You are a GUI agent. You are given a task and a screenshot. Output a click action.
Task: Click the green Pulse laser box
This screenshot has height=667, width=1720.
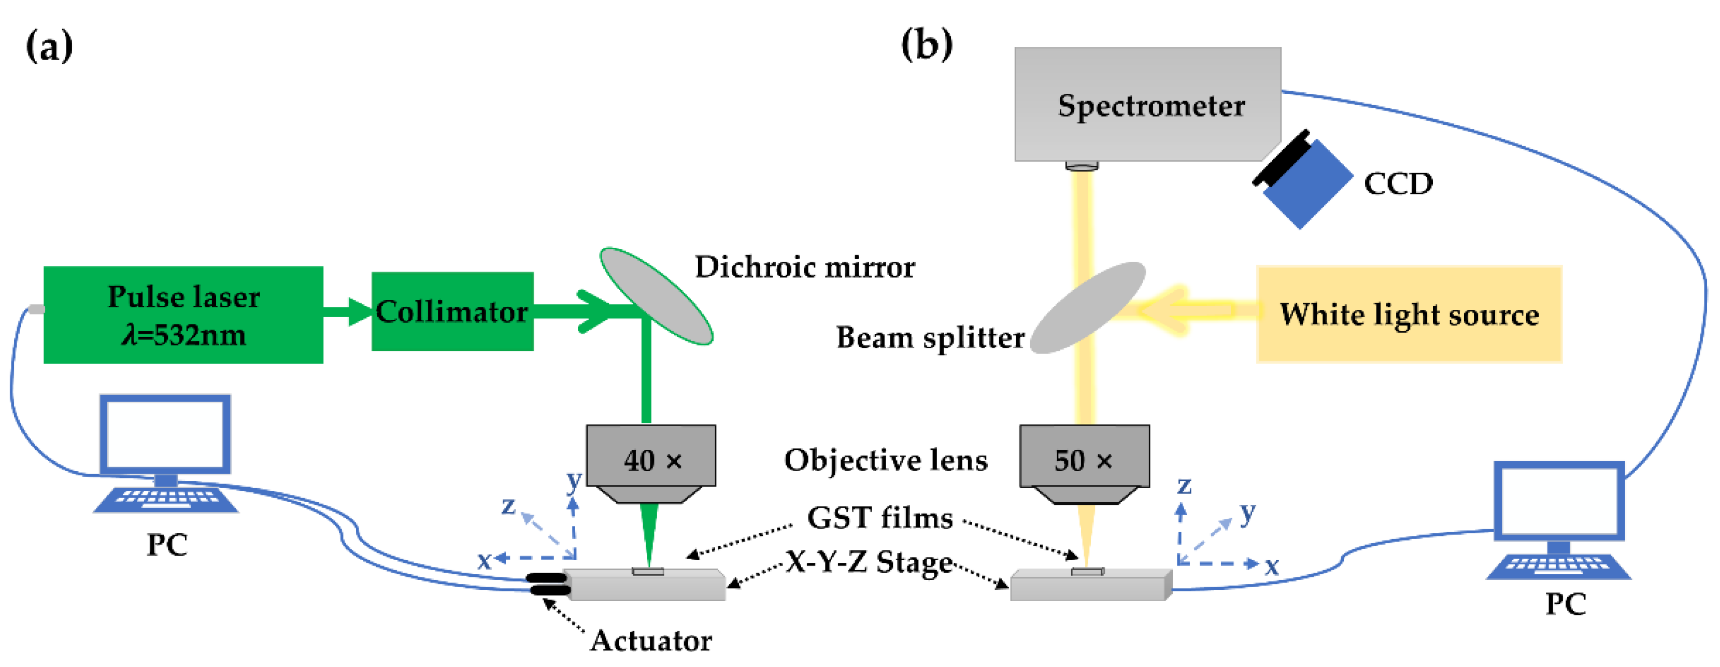click(183, 315)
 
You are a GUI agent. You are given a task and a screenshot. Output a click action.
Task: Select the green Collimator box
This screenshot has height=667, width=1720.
click(452, 311)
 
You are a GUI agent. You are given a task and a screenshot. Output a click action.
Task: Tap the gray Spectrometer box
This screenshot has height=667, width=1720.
click(1147, 104)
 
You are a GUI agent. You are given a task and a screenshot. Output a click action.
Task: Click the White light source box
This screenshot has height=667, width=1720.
click(1409, 314)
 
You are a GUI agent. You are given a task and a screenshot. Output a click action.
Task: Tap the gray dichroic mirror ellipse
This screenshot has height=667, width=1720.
click(657, 296)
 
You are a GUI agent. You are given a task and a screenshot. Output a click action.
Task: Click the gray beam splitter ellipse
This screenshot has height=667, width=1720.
click(1088, 307)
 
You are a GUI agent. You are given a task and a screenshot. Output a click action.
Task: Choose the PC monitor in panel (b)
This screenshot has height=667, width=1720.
click(1558, 501)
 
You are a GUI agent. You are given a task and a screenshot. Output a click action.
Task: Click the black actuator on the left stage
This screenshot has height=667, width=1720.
click(548, 584)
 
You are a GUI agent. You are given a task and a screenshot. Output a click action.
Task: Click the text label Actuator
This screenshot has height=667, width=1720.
click(651, 640)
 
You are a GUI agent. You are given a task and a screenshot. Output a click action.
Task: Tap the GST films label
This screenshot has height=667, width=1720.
click(879, 517)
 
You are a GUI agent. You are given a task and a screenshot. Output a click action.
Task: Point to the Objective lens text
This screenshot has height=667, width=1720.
click(885, 460)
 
